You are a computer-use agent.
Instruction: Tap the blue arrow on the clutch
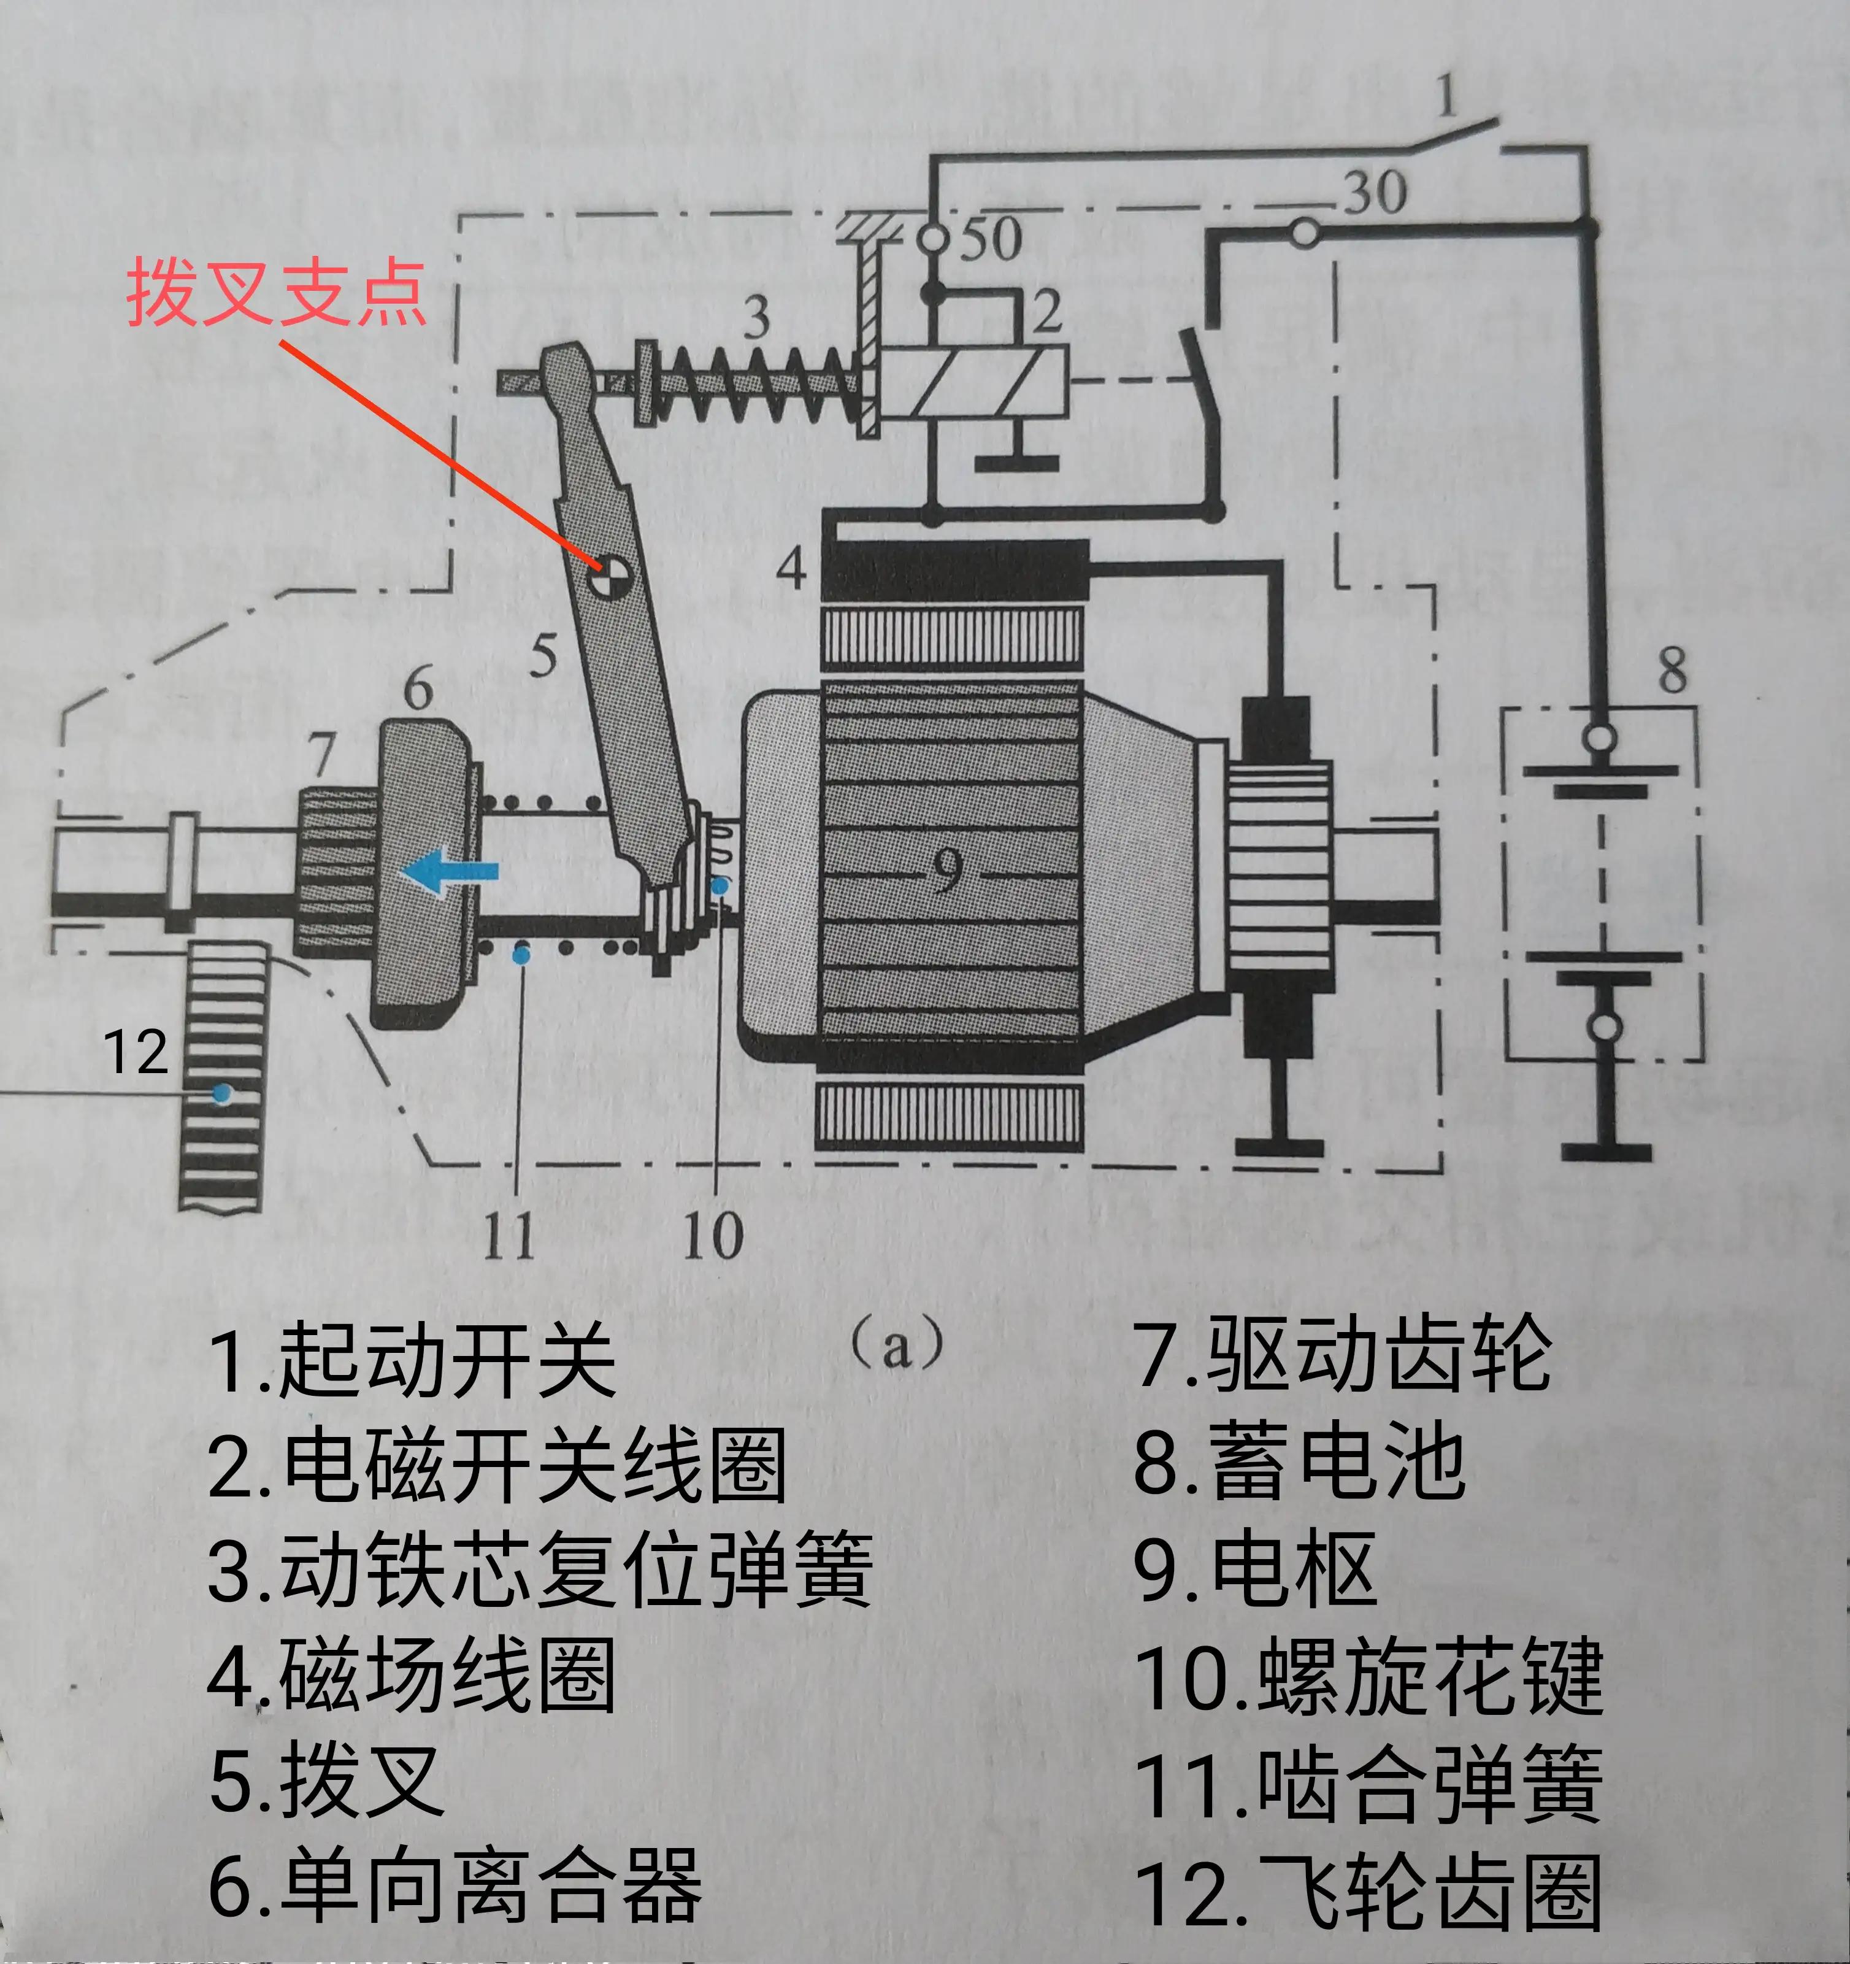tap(450, 871)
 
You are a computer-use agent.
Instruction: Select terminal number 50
tap(991, 238)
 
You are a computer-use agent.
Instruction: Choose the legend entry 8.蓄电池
tap(1299, 1462)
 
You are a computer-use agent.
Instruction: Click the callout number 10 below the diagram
tap(712, 1235)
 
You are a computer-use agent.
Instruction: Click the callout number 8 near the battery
tap(1672, 670)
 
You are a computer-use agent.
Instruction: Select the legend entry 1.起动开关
tap(413, 1360)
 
